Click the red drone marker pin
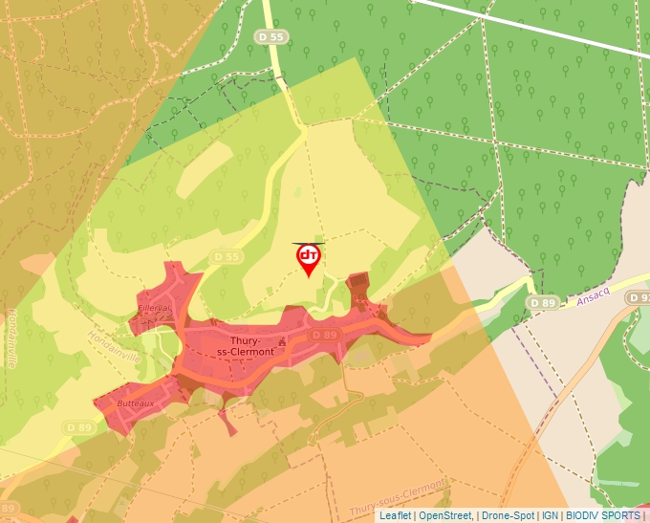pyautogui.click(x=308, y=259)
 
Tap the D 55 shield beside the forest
pyautogui.click(x=271, y=36)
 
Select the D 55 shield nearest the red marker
pyautogui.click(x=227, y=256)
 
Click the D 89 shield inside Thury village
pyautogui.click(x=324, y=335)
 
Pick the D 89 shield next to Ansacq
pyautogui.click(x=542, y=303)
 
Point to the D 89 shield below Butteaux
pyautogui.click(x=78, y=426)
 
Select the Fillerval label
pyautogui.click(x=154, y=308)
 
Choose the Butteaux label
pyautogui.click(x=134, y=404)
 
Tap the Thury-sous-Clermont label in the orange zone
pyautogui.click(x=400, y=490)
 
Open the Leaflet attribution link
pyautogui.click(x=395, y=515)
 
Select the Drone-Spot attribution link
pyautogui.click(x=508, y=515)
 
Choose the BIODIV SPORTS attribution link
pyautogui.click(x=603, y=515)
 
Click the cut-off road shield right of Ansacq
pyautogui.click(x=639, y=298)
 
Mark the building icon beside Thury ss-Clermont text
pyautogui.click(x=283, y=340)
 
